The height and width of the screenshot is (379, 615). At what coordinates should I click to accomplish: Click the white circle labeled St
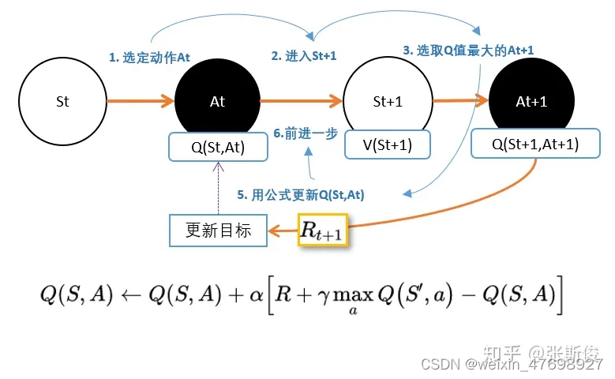coord(62,102)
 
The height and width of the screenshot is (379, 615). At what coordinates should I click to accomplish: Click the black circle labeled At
coord(217,102)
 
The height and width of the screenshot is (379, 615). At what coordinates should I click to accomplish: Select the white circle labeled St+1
coord(387,102)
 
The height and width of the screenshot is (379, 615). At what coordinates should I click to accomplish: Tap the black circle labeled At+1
coord(531,102)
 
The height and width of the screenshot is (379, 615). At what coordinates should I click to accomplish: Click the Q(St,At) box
coord(218,146)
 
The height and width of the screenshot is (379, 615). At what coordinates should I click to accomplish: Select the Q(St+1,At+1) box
coord(535,144)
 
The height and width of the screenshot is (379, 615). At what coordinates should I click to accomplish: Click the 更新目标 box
coord(218,230)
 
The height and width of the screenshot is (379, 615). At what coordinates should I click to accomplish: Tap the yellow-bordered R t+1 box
coord(322,231)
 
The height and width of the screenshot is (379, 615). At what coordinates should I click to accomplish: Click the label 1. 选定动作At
coord(149,57)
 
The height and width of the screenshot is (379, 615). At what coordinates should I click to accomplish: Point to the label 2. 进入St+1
coord(304,56)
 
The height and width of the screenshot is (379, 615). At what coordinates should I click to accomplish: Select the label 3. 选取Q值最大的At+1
coord(468,50)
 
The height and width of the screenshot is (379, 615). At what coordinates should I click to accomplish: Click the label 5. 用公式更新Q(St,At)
coord(301,194)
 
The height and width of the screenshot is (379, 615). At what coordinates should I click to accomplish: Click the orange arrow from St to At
coord(140,101)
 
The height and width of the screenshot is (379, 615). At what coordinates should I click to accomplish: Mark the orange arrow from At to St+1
coord(301,101)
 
